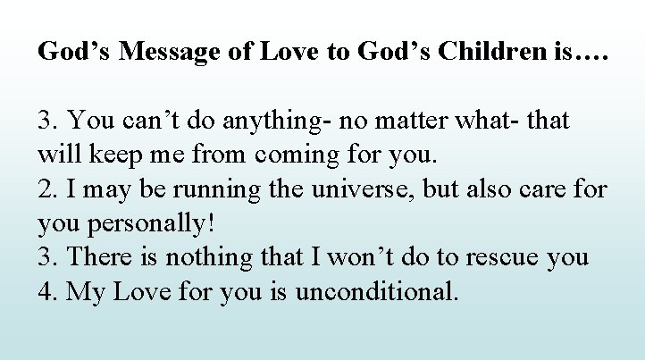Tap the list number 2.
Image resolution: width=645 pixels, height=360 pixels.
46,188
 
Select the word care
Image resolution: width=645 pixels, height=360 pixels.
539,188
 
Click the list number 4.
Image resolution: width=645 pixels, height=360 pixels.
46,292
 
